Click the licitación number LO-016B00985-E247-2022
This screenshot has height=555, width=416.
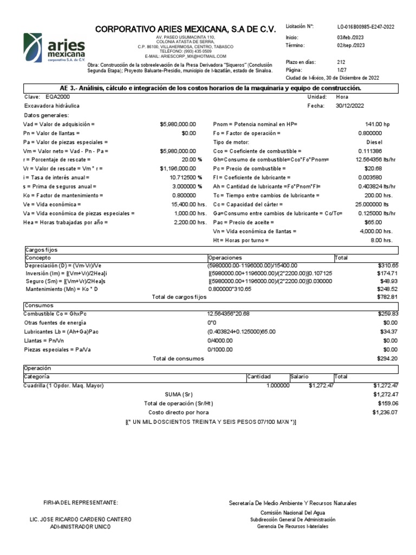(366, 27)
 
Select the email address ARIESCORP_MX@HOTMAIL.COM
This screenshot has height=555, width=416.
(185, 56)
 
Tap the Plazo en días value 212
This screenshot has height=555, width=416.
(341, 62)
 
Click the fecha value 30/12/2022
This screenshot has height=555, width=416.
(350, 106)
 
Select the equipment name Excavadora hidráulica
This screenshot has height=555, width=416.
(52, 106)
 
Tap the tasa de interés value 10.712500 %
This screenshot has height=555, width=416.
(186, 177)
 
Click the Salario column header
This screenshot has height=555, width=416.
(300, 376)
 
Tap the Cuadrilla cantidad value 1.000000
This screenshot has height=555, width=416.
(278, 385)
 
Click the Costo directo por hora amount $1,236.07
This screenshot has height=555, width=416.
(385, 412)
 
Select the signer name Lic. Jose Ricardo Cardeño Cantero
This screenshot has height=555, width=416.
(80, 519)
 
